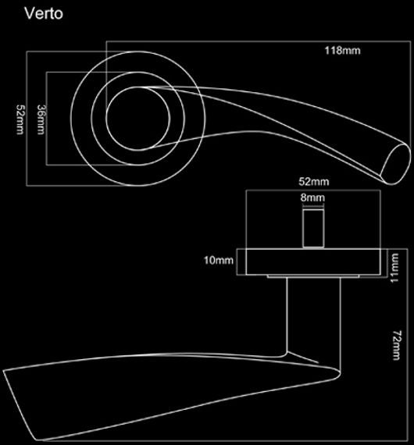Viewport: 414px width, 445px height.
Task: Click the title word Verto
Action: coord(44,13)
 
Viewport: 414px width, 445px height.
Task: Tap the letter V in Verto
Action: coord(29,13)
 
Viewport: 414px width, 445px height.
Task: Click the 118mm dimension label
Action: coord(342,51)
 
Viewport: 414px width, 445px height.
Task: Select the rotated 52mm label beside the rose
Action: coord(20,119)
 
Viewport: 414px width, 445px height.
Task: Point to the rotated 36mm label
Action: coord(41,119)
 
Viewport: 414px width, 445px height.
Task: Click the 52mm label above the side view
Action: coord(314,182)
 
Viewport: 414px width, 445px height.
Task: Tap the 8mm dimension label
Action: coord(312,198)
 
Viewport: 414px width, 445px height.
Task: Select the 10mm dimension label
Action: coord(219,260)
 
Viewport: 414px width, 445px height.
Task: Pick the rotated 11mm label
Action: coord(394,268)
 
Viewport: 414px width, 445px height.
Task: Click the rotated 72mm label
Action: coord(396,345)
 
